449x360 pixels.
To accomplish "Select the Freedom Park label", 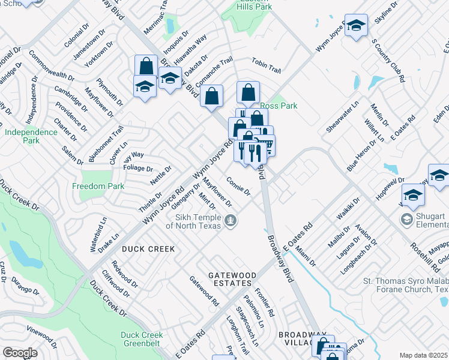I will coord(98,186).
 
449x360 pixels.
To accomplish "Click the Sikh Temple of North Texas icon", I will coord(230,222).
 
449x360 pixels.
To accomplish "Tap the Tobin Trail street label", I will coord(266,66).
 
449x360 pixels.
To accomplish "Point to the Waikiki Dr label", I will coord(348,208).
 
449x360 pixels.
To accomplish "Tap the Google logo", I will coord(20,353).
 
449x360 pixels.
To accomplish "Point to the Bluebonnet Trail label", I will coord(106,139).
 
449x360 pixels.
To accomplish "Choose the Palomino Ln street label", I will coord(260,315).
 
